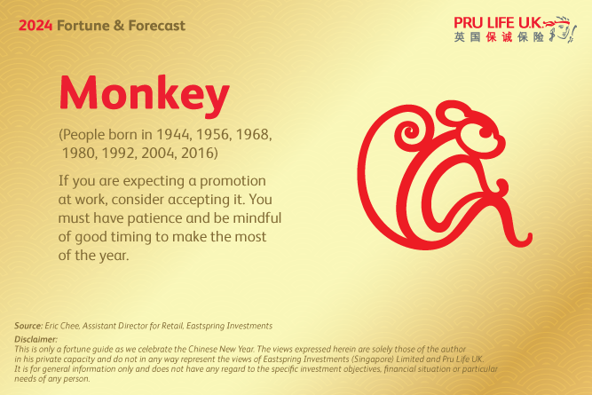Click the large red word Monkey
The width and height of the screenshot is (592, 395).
pyautogui.click(x=144, y=92)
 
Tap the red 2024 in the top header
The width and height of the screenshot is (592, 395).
pyautogui.click(x=35, y=26)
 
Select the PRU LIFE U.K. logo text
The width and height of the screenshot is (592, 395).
pyautogui.click(x=501, y=21)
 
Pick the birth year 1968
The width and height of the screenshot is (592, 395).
pyautogui.click(x=251, y=137)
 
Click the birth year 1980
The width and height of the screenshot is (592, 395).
pyautogui.click(x=79, y=154)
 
